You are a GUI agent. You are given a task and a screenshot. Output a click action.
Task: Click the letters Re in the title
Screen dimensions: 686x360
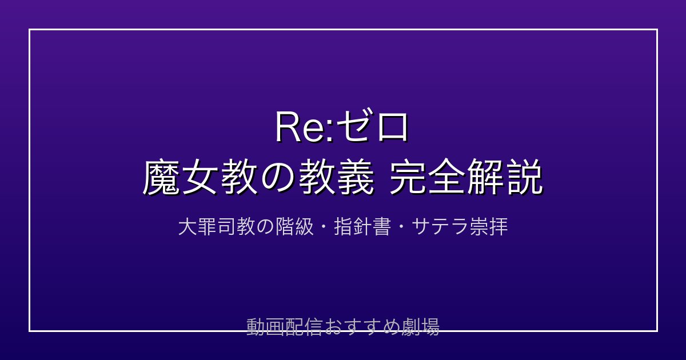tap(301, 127)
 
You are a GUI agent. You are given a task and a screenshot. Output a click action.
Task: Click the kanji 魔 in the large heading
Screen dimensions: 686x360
tap(161, 177)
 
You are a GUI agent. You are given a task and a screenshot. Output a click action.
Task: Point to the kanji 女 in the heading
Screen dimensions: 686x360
tap(200, 177)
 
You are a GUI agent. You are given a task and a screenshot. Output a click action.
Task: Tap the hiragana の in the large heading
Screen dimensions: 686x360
tap(278, 178)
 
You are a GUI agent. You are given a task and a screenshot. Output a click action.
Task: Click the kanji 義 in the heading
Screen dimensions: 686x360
tap(356, 177)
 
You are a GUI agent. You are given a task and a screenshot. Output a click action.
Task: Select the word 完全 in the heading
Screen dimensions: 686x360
tap(428, 177)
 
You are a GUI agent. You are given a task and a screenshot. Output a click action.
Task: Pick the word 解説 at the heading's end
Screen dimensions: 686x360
tap(505, 177)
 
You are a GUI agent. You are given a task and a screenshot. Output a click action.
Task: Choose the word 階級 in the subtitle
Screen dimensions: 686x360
tap(294, 227)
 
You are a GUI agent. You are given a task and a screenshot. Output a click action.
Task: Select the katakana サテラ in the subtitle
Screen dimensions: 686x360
tap(440, 227)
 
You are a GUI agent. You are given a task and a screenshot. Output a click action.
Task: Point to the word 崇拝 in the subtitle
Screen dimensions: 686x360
tap(489, 227)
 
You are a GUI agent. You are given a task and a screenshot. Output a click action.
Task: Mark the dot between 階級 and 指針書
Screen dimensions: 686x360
tap(324, 227)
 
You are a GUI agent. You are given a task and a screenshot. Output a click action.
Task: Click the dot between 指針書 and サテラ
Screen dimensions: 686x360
tap(401, 227)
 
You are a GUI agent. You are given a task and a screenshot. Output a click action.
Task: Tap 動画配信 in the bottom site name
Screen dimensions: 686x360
tap(285, 327)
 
